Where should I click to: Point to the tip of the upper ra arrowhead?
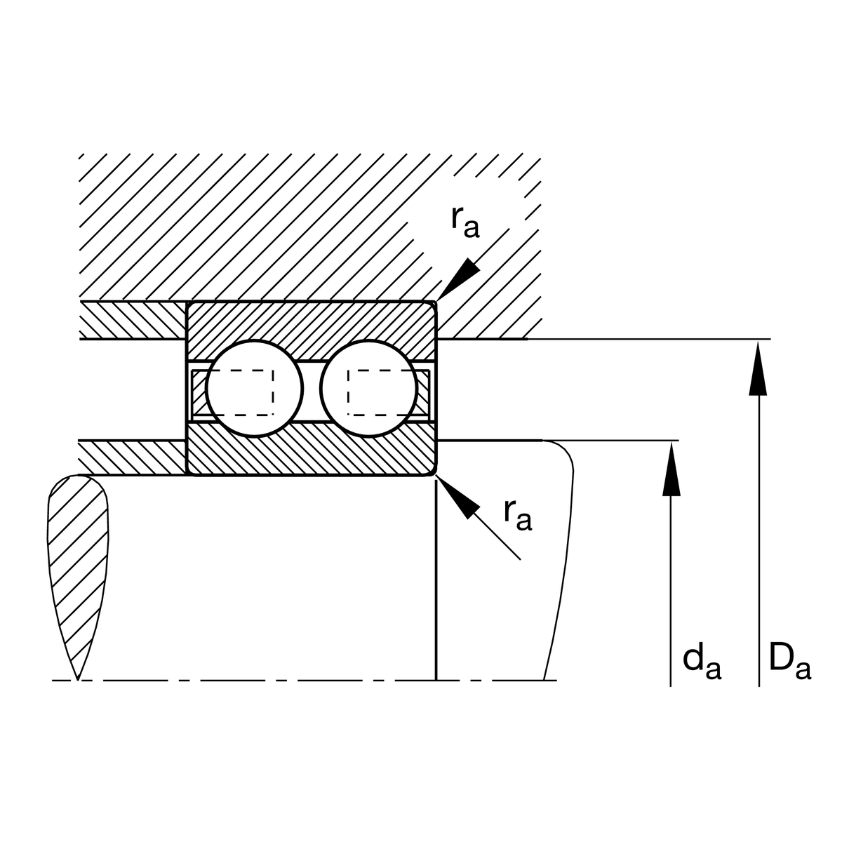pos(437,300)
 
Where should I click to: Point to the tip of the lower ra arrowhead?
pos(437,478)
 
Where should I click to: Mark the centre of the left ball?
pos(254,388)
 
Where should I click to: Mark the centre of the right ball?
pos(369,388)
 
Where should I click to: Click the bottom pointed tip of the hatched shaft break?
pos(77,680)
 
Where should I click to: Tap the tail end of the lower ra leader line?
pos(521,560)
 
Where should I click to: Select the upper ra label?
pos(466,222)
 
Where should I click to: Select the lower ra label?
pos(518,515)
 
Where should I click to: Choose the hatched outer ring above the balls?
pos(311,330)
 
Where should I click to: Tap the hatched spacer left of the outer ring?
pos(133,320)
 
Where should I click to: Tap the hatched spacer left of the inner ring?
pos(133,457)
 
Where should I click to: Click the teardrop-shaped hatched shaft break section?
pos(78,577)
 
